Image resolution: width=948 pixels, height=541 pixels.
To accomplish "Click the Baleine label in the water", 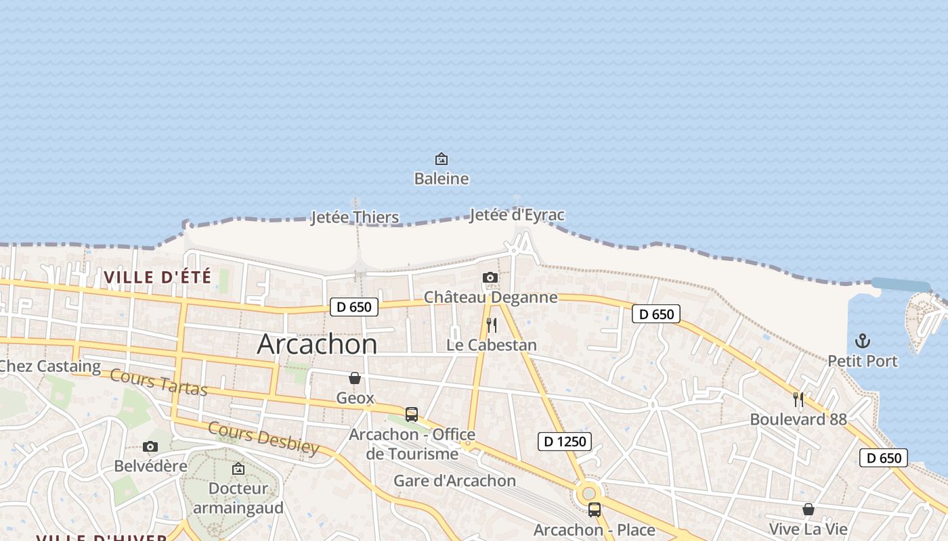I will (441, 179).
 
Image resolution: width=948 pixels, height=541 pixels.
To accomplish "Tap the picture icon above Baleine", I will (441, 159).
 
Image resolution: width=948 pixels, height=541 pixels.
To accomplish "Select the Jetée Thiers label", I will (355, 218).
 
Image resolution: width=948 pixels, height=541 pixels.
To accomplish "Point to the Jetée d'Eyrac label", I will (517, 215).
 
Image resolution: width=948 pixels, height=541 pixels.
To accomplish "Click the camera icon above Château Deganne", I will (490, 277).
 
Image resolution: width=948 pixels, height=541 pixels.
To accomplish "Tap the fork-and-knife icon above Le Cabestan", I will (492, 325).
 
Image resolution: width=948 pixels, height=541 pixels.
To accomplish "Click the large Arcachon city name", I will (317, 344).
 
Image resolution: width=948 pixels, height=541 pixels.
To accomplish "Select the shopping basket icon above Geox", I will (355, 378).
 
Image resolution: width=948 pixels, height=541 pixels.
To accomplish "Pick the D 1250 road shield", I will (565, 442).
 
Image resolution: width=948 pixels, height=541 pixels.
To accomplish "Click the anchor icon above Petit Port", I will (863, 341).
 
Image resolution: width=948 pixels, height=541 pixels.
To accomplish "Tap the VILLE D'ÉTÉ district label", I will (158, 277).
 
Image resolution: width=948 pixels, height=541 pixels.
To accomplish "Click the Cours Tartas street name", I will (158, 383).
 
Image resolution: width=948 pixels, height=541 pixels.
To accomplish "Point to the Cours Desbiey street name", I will (263, 438).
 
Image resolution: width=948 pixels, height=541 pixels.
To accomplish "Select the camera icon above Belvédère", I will (150, 446).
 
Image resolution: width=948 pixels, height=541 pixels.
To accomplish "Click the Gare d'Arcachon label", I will (454, 481).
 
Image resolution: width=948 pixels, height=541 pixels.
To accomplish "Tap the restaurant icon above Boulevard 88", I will (798, 400).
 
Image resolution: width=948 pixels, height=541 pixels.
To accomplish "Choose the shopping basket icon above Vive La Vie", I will (808, 509).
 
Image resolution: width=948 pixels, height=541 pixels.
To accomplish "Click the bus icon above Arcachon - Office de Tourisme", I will (412, 415).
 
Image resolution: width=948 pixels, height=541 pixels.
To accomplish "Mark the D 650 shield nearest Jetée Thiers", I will (353, 306).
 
